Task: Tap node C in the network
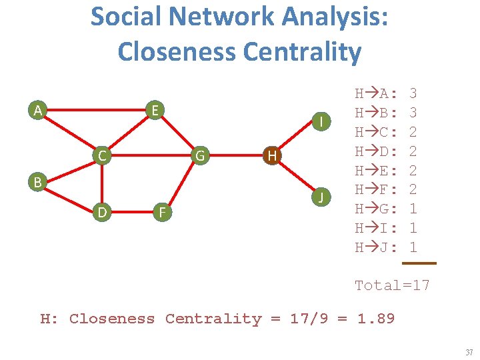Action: (101, 156)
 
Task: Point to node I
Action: (321, 121)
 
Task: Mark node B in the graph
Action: (39, 181)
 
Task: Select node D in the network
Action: (101, 213)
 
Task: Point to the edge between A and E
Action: (97, 109)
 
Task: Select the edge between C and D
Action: (101, 185)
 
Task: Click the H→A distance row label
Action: (377, 93)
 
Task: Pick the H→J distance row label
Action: (377, 247)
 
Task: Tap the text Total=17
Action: (392, 285)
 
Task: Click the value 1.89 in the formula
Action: (376, 319)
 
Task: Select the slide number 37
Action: (468, 351)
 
